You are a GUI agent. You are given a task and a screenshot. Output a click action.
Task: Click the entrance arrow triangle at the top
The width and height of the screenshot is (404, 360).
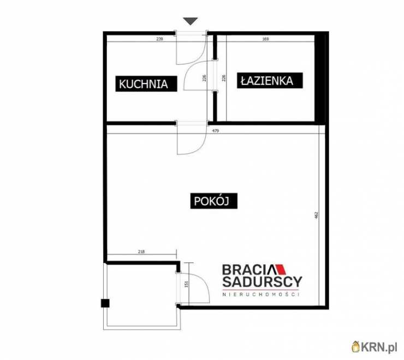(x=191, y=21)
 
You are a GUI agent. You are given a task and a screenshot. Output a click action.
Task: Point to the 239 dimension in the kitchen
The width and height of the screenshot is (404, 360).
(x=159, y=39)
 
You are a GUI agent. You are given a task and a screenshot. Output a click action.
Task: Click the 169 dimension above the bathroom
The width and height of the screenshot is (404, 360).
(x=265, y=39)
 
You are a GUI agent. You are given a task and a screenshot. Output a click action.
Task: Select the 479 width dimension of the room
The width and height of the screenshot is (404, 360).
(x=216, y=131)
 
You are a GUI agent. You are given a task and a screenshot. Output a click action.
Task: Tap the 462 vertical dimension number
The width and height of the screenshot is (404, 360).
(x=317, y=215)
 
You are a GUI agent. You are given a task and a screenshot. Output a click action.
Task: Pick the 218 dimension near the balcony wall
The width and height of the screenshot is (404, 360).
(x=141, y=251)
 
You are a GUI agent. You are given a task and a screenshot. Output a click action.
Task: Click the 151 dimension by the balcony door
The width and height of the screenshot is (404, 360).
(x=187, y=284)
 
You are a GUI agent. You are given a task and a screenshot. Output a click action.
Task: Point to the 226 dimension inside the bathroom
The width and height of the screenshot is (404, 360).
(x=224, y=78)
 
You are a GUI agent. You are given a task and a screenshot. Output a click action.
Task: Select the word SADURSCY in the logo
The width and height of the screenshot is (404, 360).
(x=262, y=281)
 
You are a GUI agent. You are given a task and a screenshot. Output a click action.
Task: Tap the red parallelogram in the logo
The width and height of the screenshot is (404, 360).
(x=281, y=269)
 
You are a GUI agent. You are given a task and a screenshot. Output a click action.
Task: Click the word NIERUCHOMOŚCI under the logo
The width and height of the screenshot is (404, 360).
(x=261, y=295)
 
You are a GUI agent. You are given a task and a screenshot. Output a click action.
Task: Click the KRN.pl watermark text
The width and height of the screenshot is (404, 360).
(x=379, y=347)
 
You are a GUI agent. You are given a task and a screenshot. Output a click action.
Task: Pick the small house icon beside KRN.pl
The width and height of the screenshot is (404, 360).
(x=356, y=347)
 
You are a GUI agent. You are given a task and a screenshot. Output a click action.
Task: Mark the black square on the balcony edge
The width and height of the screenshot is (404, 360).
(x=105, y=303)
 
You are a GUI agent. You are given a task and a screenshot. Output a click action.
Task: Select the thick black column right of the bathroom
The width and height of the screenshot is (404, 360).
(x=322, y=78)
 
